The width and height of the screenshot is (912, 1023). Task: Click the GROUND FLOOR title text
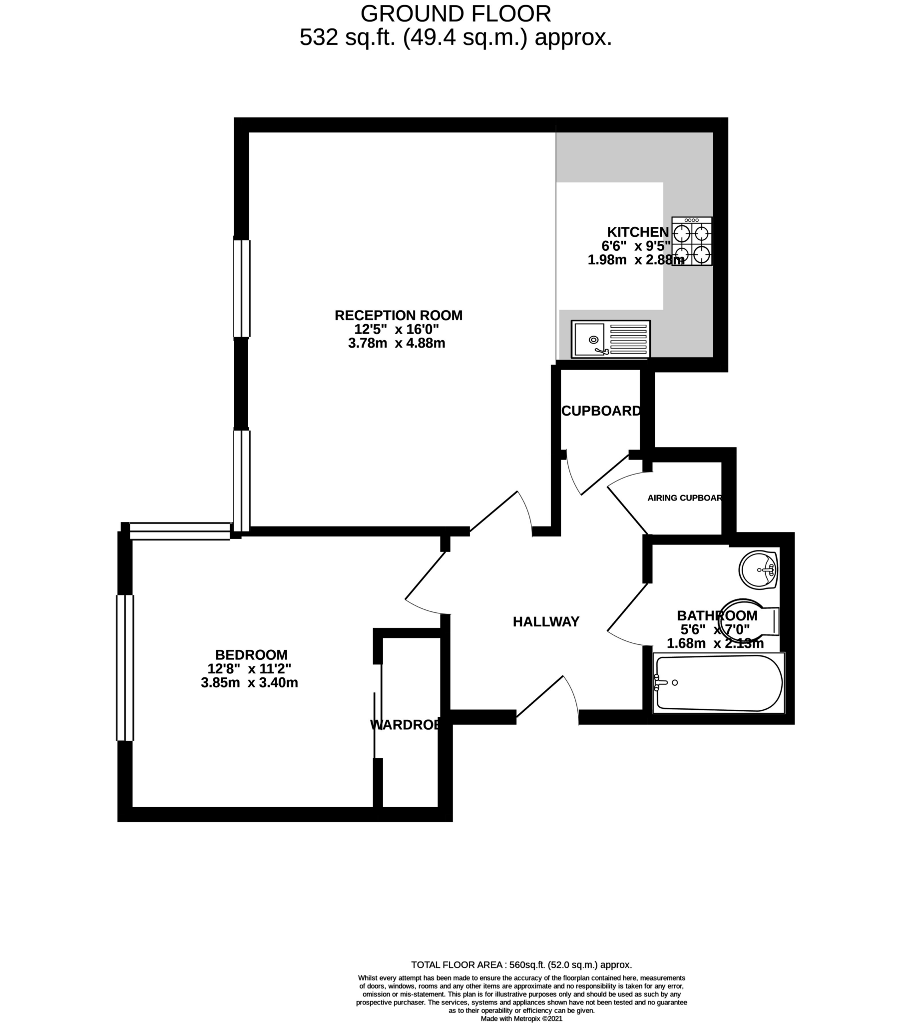456,13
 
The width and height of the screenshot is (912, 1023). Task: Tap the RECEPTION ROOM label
399,315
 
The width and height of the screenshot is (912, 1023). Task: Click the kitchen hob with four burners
692,241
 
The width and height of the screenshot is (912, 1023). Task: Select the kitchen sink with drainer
610,339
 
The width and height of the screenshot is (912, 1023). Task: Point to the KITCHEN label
637,232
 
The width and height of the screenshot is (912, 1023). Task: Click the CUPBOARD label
601,411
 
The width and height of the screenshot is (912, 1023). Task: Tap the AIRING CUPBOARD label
685,498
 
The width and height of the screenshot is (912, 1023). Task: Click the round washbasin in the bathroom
758,570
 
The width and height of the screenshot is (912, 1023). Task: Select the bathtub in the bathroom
719,683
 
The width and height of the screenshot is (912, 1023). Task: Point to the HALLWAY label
546,621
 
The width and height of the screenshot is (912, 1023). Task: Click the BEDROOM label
251,654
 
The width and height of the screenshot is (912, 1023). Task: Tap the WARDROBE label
406,724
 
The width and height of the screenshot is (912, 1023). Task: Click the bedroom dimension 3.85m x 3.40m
249,683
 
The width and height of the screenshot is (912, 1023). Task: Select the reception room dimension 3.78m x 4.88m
397,343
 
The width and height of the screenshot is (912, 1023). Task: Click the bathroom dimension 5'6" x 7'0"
715,629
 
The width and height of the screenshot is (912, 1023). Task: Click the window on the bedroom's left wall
125,668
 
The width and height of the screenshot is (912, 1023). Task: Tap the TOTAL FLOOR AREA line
521,965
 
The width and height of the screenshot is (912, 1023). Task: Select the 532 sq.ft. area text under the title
456,37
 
